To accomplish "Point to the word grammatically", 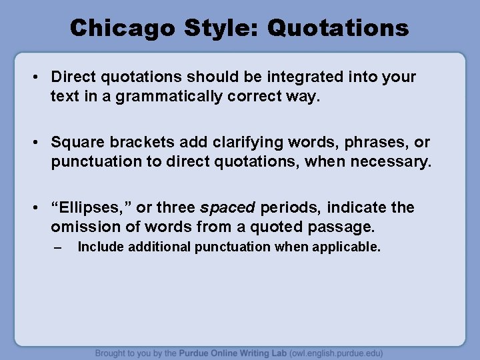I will click(167, 97).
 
